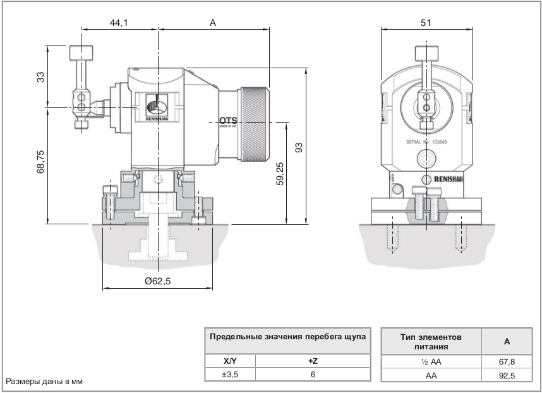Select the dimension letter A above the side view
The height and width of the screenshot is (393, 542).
tap(213, 23)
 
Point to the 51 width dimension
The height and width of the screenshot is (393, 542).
tap(426, 23)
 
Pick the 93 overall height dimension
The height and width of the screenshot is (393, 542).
tap(299, 147)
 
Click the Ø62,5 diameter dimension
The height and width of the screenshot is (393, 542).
tap(157, 282)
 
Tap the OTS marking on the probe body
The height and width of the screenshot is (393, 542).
tap(227, 120)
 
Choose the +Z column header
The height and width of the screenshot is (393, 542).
tap(311, 361)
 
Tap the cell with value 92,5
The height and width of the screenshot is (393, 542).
tap(507, 375)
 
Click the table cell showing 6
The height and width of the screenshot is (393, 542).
tap(311, 375)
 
